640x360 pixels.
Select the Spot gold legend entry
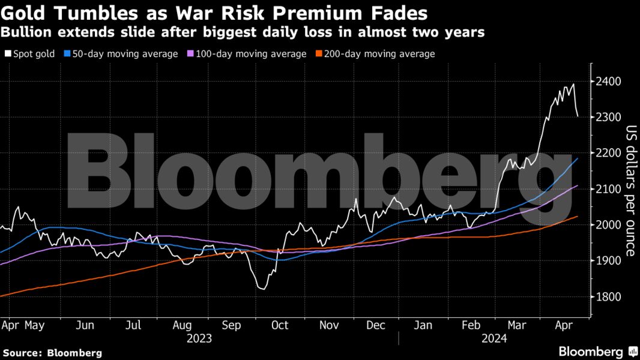tap(29, 54)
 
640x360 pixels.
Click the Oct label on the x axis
tap(280, 325)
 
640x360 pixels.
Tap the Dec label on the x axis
tap(376, 325)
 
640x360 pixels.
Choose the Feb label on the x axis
tap(472, 325)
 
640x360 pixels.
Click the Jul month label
tap(133, 325)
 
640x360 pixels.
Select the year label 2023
tap(199, 338)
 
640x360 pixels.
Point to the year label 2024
tap(494, 338)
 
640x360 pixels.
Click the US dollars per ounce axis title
tap(631, 190)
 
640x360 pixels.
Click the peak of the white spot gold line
tap(573, 84)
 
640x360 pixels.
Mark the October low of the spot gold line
tap(262, 289)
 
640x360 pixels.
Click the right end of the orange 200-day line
tap(578, 217)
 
